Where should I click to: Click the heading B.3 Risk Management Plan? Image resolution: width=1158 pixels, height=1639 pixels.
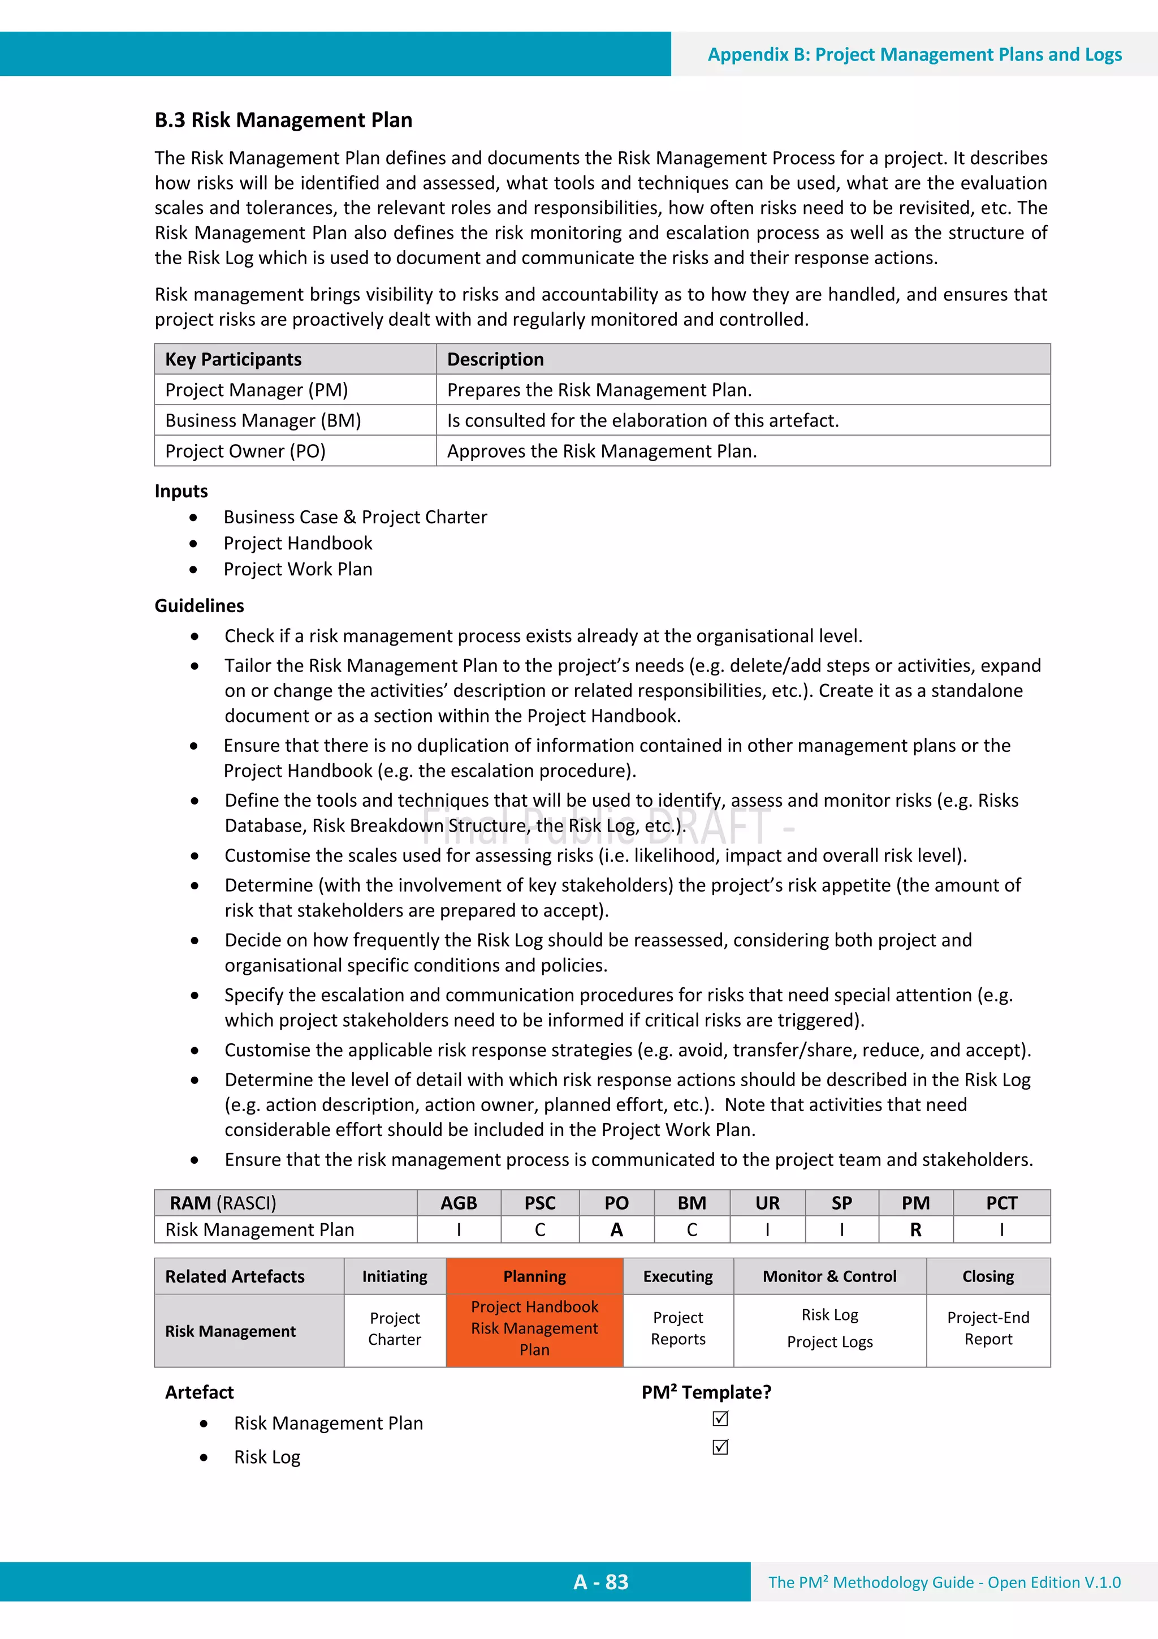283,120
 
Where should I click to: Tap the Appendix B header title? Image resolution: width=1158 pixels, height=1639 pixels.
914,55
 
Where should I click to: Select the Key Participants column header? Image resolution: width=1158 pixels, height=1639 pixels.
234,359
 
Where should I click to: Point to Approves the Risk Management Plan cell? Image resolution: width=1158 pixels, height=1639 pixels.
602,451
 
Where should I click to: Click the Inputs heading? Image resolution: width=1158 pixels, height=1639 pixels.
182,491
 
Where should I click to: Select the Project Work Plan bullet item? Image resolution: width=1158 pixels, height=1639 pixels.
297,569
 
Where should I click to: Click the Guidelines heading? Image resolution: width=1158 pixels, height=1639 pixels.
199,605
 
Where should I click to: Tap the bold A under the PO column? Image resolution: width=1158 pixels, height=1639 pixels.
616,1229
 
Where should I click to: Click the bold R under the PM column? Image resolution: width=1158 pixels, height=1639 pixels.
915,1229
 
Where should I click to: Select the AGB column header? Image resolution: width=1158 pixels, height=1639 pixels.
458,1203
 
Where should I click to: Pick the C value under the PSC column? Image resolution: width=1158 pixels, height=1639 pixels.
540,1229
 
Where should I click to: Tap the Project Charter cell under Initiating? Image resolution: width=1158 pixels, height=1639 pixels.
395,1328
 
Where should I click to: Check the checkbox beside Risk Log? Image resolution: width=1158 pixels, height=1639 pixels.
720,1447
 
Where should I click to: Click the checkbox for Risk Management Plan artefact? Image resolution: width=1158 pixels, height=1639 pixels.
720,1418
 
